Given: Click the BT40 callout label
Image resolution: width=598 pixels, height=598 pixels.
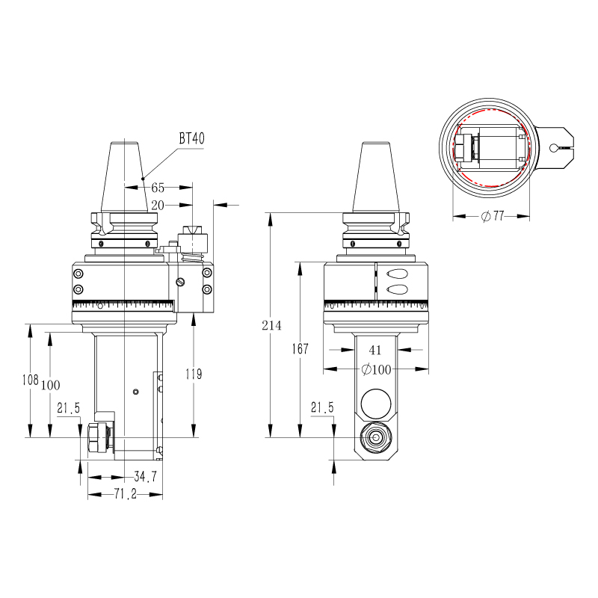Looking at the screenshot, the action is [192, 138].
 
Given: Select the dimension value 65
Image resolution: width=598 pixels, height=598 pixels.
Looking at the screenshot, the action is [158, 188].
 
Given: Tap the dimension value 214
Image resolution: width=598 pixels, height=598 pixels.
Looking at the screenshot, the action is [271, 325].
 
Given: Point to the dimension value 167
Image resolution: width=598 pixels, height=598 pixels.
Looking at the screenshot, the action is [300, 348].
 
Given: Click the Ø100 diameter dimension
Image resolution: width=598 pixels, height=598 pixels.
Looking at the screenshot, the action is [376, 369].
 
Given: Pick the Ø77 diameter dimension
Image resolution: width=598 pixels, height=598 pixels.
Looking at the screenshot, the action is [493, 216].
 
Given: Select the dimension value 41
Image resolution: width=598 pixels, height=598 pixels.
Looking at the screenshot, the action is [375, 350].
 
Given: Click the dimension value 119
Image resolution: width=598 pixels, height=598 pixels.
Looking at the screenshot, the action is [194, 374].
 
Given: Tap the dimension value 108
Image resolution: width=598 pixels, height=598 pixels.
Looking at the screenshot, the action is [31, 380].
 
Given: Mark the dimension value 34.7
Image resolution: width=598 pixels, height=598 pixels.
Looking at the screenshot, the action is [145, 476].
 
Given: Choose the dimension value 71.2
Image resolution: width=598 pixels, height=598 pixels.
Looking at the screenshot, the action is [126, 494].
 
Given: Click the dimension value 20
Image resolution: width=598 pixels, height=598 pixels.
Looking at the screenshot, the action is [158, 206].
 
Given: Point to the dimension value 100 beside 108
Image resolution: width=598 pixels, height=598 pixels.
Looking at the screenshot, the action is [51, 385].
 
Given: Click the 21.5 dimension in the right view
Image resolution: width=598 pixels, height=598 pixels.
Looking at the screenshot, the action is [322, 407].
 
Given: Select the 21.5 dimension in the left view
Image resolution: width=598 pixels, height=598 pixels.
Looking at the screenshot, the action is [69, 408].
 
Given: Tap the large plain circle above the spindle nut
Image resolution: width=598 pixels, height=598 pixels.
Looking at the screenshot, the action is [376, 404].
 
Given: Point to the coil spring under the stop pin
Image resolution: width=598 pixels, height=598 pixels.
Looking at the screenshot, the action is [192, 257].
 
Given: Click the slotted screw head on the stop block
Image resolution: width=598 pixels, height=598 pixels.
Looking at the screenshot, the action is [181, 282].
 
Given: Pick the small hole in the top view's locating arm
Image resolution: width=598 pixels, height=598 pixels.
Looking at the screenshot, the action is [553, 147].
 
